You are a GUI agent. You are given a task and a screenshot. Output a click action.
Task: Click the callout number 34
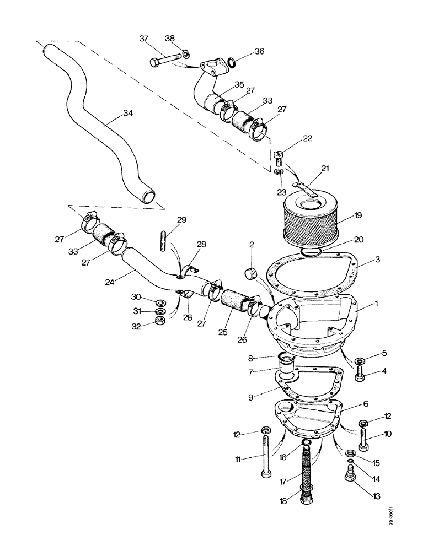(128, 114)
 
